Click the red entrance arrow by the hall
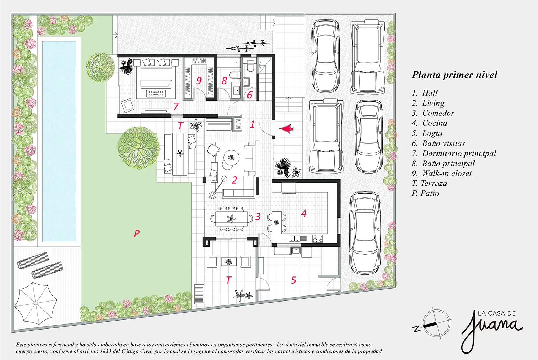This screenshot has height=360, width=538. point(287,129)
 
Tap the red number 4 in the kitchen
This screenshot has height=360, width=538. point(304,213)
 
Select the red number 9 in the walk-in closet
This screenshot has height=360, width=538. point(199,80)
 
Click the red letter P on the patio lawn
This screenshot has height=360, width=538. point(137,233)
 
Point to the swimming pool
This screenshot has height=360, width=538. point(59,141)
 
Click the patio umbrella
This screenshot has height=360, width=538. point(36,303)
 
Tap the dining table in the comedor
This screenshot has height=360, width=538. point(232,218)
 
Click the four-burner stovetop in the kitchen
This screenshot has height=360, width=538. point(317,239)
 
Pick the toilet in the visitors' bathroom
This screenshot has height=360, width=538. point(250,66)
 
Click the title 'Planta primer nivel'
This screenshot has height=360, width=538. point(454,75)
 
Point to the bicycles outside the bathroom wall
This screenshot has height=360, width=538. point(248,46)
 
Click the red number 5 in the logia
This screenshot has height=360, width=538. point(293,280)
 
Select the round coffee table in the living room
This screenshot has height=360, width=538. point(231,157)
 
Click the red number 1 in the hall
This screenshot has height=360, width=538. point(252,124)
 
